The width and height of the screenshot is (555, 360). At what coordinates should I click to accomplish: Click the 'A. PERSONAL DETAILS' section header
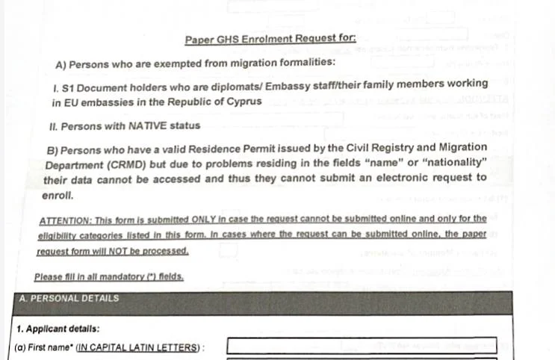point(68,299)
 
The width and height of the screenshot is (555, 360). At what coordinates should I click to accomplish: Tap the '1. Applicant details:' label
point(58,329)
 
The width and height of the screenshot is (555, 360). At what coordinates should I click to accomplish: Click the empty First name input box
point(362,346)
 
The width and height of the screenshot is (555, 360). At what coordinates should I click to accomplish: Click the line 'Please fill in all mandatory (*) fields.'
point(109,277)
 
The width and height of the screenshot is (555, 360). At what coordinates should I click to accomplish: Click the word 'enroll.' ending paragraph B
point(58,196)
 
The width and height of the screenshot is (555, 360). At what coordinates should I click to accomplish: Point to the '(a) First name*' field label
point(44,348)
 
